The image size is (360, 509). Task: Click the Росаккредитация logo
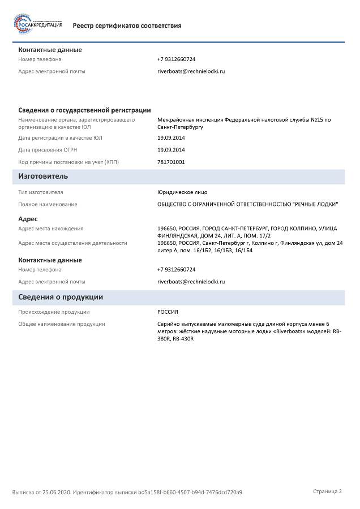pyautogui.click(x=37, y=24)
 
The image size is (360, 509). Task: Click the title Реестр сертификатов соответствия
pyautogui.click(x=127, y=25)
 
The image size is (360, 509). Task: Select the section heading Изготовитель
pyautogui.click(x=43, y=176)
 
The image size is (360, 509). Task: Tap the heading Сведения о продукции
pyautogui.click(x=61, y=297)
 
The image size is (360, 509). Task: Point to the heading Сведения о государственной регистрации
pyautogui.click(x=84, y=110)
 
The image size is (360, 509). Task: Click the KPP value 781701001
pyautogui.click(x=171, y=162)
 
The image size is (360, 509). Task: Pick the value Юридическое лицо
pyautogui.click(x=182, y=192)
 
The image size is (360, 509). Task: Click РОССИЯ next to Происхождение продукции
pyautogui.click(x=168, y=312)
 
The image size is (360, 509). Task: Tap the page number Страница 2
pyautogui.click(x=328, y=491)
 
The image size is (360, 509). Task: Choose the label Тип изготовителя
pyautogui.click(x=41, y=192)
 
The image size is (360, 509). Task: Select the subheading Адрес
pyautogui.click(x=28, y=219)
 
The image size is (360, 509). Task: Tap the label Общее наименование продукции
pyautogui.click(x=62, y=324)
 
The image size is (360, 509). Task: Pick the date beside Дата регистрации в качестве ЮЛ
pyautogui.click(x=171, y=138)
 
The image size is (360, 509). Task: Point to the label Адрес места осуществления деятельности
pyautogui.click(x=72, y=243)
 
